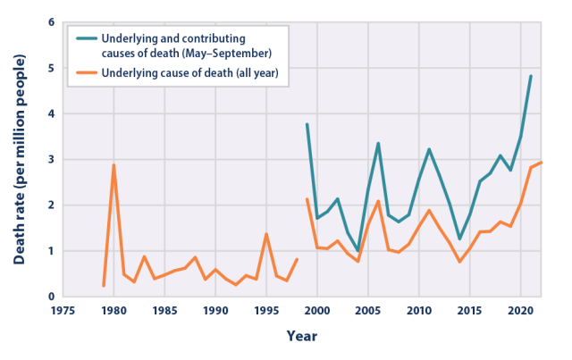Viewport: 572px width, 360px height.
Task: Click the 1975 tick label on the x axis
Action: point(63,312)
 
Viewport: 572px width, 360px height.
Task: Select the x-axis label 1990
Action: point(214,312)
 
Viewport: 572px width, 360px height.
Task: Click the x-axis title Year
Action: point(301,337)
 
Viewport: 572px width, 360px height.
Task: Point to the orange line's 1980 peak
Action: point(114,164)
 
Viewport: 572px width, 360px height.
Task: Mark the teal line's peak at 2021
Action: point(531,76)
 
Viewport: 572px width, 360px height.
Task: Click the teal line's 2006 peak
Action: point(378,143)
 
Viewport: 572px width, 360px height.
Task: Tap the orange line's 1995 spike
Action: point(266,234)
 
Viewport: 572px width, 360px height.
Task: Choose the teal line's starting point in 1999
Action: point(307,124)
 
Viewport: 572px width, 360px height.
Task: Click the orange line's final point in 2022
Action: point(541,163)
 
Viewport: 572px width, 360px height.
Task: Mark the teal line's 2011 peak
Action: point(429,149)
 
